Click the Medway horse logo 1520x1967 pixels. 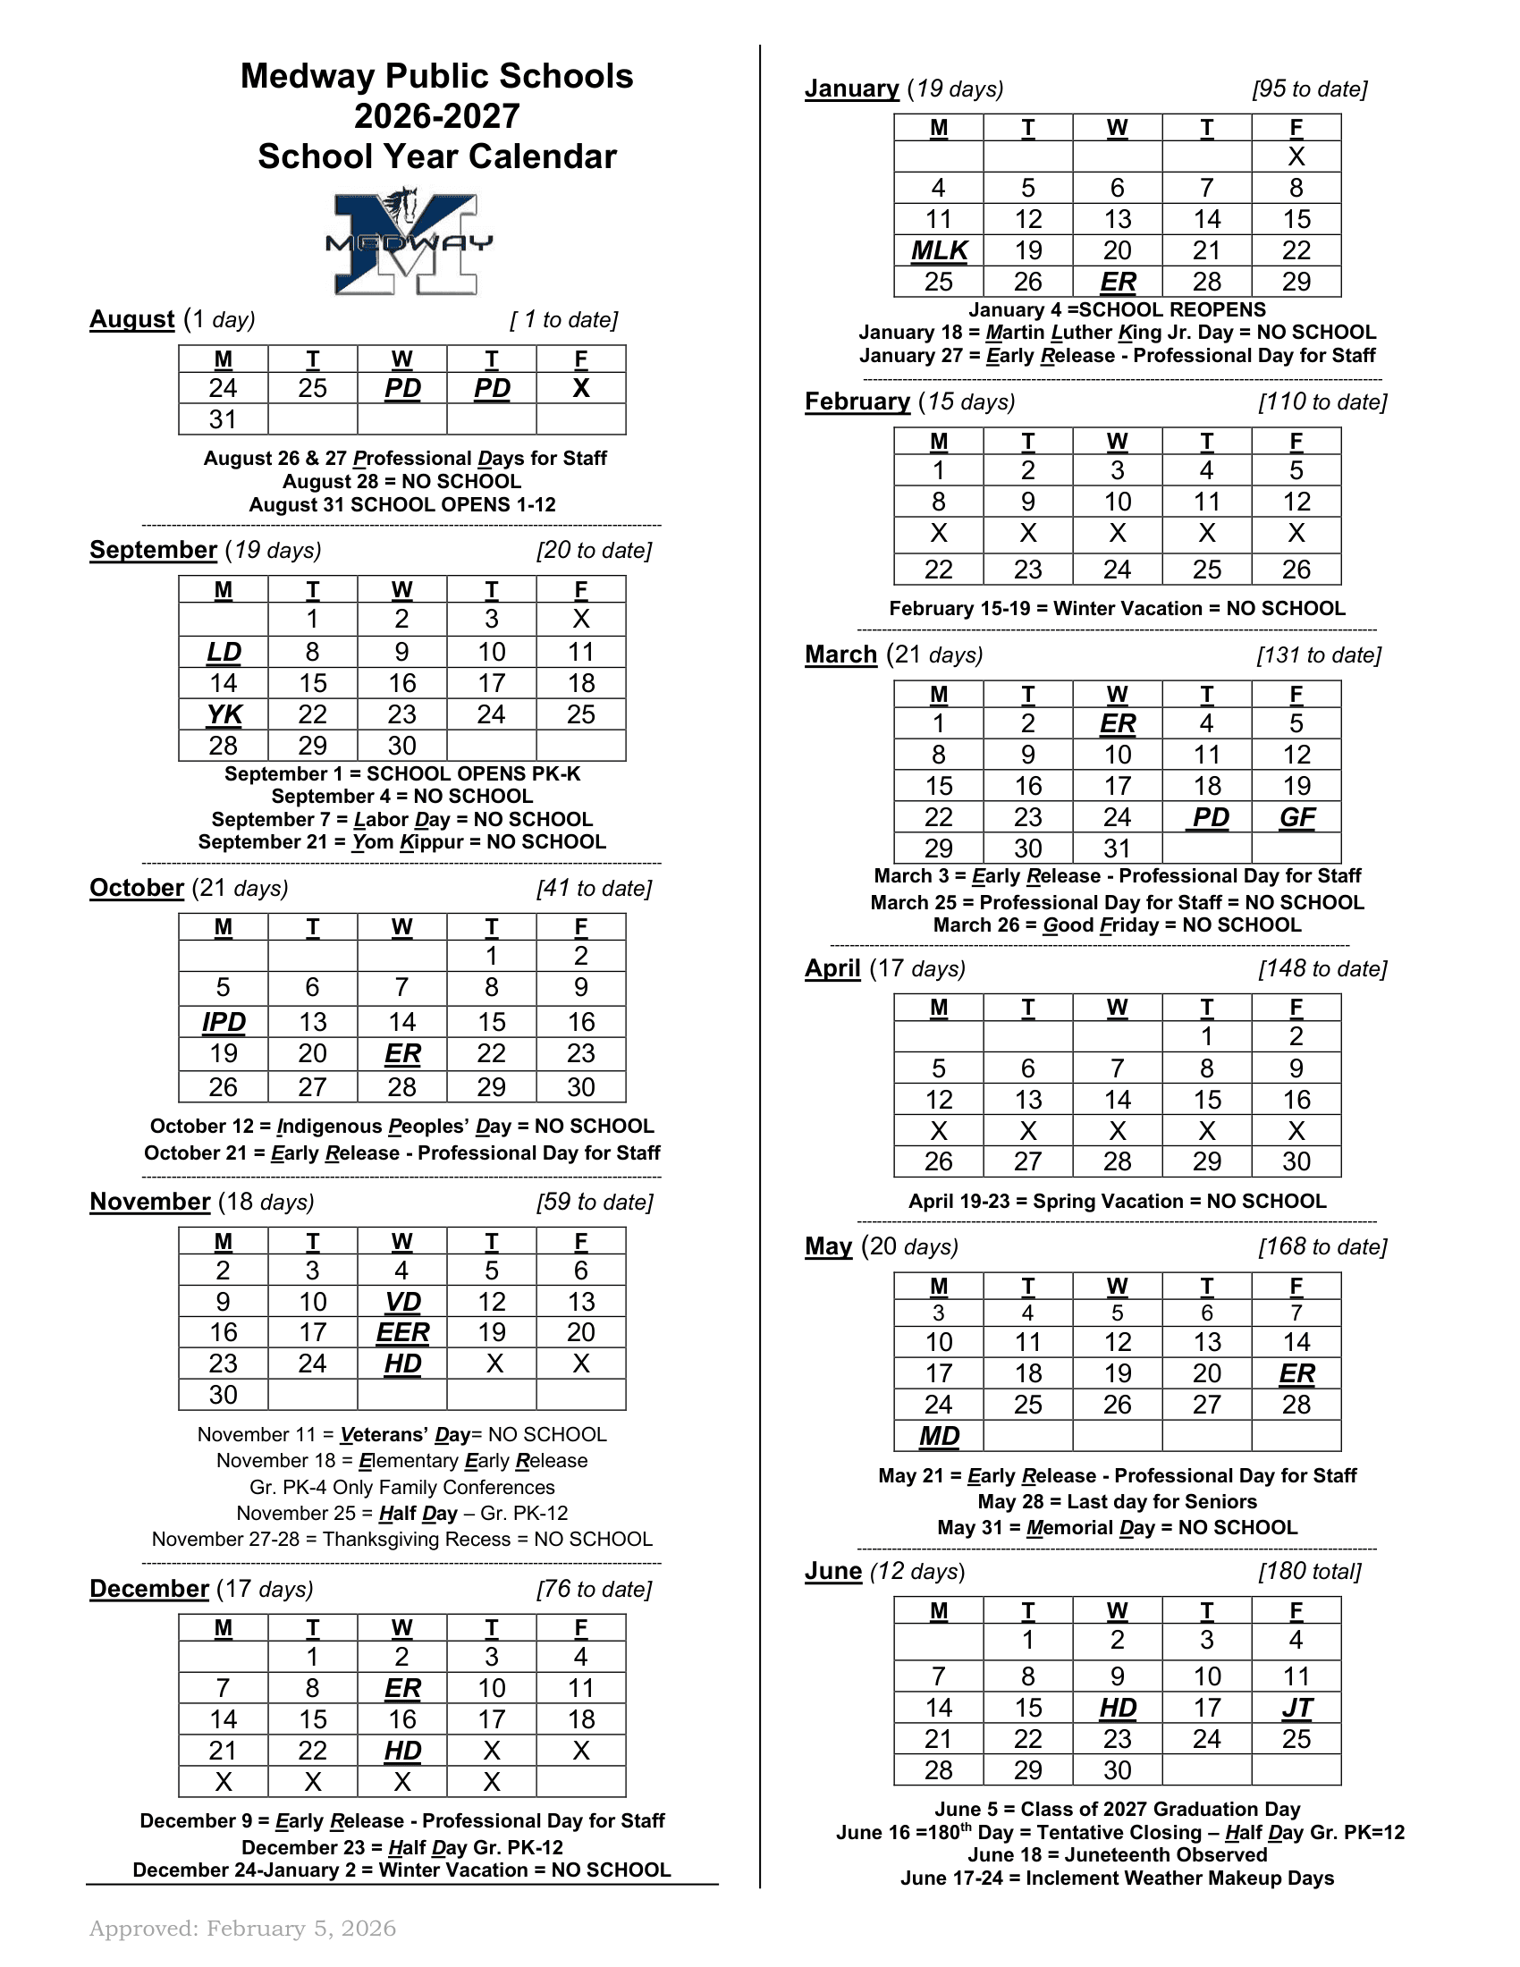pyautogui.click(x=409, y=241)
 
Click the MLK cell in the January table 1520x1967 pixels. pyautogui.click(x=938, y=250)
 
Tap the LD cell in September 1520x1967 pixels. pyautogui.click(x=224, y=652)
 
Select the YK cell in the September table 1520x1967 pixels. pyautogui.click(x=224, y=714)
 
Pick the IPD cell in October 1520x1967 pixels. pyautogui.click(x=224, y=1022)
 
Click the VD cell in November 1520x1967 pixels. pyautogui.click(x=402, y=1302)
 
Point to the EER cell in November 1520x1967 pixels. pyautogui.click(x=402, y=1332)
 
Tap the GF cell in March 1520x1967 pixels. pyautogui.click(x=1296, y=817)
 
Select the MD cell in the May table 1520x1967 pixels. pyautogui.click(x=938, y=1436)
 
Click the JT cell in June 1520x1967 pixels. pyautogui.click(x=1296, y=1708)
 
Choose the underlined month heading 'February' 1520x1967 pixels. pyautogui.click(x=857, y=401)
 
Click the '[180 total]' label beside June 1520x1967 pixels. pyautogui.click(x=1309, y=1572)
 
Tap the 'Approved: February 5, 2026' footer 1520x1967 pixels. pyautogui.click(x=242, y=1929)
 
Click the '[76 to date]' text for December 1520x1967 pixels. pyautogui.click(x=594, y=1589)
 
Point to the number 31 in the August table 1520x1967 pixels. pyautogui.click(x=224, y=419)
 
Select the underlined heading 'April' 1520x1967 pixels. pyautogui.click(x=832, y=968)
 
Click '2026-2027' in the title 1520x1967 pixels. pyautogui.click(x=436, y=116)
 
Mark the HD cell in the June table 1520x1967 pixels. pyautogui.click(x=1118, y=1708)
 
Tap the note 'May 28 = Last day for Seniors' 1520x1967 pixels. pyautogui.click(x=1117, y=1501)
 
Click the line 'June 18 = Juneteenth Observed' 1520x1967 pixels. pyautogui.click(x=1117, y=1854)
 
